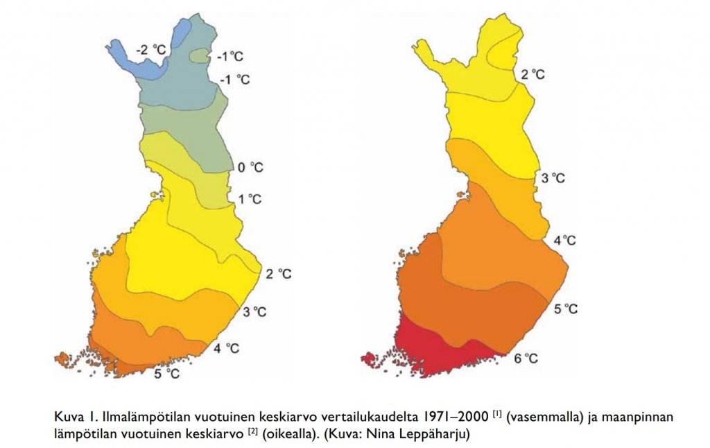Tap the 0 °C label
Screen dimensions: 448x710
click(x=251, y=167)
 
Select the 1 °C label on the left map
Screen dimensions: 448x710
click(x=250, y=200)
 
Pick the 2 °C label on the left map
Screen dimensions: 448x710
click(x=278, y=274)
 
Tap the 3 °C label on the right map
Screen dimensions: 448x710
click(x=553, y=178)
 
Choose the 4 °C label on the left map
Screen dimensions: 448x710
click(x=228, y=347)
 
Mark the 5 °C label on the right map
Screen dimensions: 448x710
click(x=565, y=309)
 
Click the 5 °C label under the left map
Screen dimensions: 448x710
click(x=166, y=374)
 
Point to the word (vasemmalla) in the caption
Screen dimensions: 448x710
click(x=540, y=417)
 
